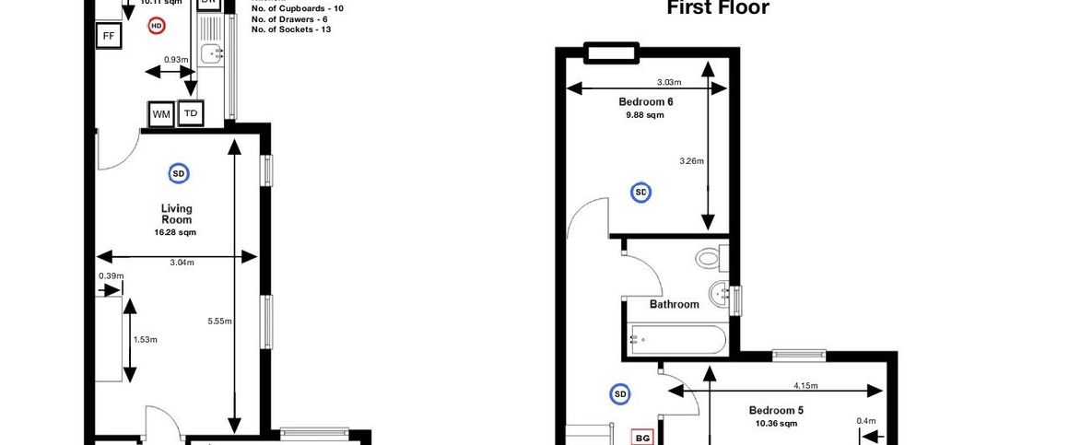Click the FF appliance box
pyautogui.click(x=109, y=36)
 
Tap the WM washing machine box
pyautogui.click(x=161, y=114)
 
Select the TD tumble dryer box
pyautogui.click(x=191, y=113)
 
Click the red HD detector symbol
pyautogui.click(x=157, y=27)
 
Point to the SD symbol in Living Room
pyautogui.click(x=178, y=172)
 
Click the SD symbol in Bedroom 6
pyautogui.click(x=640, y=192)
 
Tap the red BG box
pyautogui.click(x=642, y=438)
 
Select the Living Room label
pyautogui.click(x=176, y=214)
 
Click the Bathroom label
pyautogui.click(x=674, y=304)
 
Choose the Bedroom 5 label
pyautogui.click(x=776, y=410)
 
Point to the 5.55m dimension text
pyautogui.click(x=219, y=321)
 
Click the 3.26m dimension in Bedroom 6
pyautogui.click(x=691, y=161)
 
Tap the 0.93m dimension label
pyautogui.click(x=176, y=60)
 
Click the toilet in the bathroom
pyautogui.click(x=710, y=257)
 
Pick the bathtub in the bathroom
pyautogui.click(x=677, y=339)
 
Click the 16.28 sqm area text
pyautogui.click(x=176, y=232)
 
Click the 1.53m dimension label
pyautogui.click(x=146, y=339)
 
